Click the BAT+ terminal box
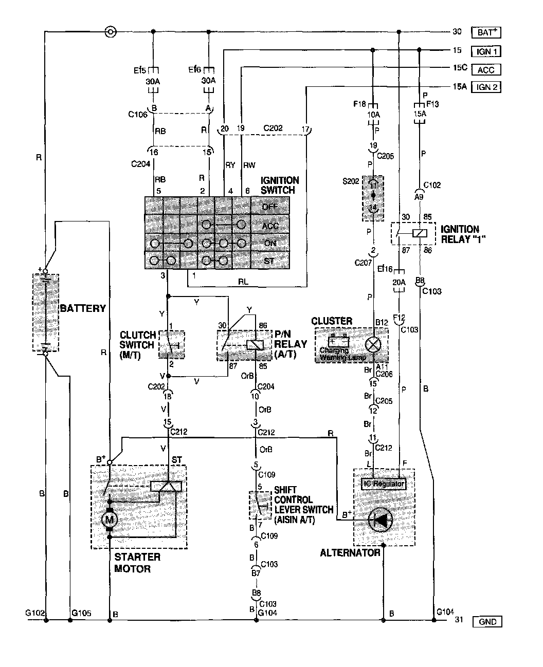click(x=486, y=32)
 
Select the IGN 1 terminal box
click(x=486, y=51)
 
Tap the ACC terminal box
click(x=486, y=69)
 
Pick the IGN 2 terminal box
click(x=486, y=87)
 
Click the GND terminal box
click(x=486, y=622)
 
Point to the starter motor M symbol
click(x=109, y=519)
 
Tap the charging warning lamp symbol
click(x=372, y=344)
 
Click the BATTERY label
click(x=83, y=309)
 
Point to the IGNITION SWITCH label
click(x=280, y=185)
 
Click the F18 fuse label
click(x=359, y=104)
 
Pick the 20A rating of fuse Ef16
click(x=399, y=282)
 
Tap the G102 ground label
click(x=34, y=613)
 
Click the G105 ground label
click(x=82, y=613)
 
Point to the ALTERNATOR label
click(x=350, y=553)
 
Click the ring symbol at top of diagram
click(x=110, y=32)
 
